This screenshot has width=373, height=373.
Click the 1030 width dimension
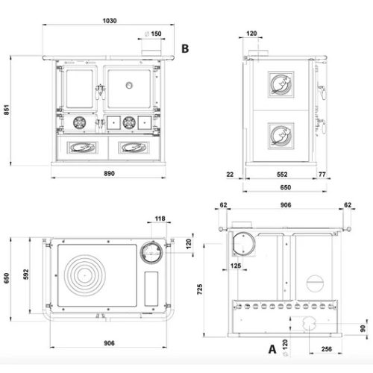click(x=110, y=21)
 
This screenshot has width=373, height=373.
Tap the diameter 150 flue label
click(x=153, y=34)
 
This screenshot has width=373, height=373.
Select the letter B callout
click(x=185, y=48)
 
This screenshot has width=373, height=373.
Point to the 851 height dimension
click(x=7, y=110)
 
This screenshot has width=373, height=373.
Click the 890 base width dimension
click(x=109, y=174)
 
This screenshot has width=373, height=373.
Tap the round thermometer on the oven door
click(x=129, y=85)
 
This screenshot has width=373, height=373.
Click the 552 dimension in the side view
click(x=282, y=175)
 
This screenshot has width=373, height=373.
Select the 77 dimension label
click(x=322, y=175)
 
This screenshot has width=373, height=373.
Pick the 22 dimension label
click(x=230, y=175)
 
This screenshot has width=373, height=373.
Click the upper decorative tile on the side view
click(x=281, y=84)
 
